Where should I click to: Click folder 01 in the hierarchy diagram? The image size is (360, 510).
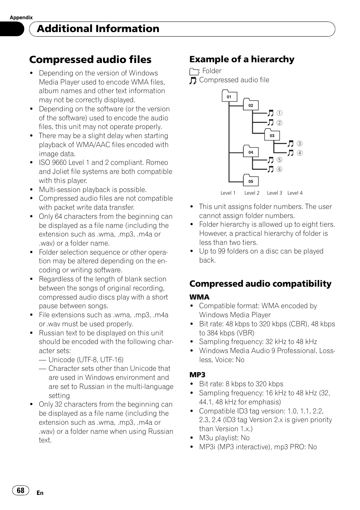coord(229,97)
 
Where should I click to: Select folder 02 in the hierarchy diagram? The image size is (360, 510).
coord(251,105)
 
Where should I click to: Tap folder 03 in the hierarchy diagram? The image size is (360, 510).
coord(272,135)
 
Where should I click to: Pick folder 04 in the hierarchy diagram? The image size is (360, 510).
coord(251,152)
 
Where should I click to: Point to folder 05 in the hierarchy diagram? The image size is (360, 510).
coord(251,181)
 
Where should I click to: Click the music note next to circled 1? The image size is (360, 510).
coord(271,113)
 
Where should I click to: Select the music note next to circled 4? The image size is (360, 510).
coord(291,153)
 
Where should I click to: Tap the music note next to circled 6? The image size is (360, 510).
coord(271,169)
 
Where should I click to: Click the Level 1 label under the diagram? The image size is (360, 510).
coord(228,193)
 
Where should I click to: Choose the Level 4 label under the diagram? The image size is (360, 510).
coord(295,193)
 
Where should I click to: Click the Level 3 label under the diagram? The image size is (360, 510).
coord(274,193)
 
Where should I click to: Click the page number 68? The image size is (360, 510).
coord(21,490)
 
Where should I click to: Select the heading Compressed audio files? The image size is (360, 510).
coord(90,60)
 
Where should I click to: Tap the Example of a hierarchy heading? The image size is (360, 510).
coord(242,59)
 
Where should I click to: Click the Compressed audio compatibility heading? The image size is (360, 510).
coord(260,284)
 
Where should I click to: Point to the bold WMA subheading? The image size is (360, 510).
coord(199,297)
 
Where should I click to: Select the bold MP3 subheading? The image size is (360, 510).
coord(197,375)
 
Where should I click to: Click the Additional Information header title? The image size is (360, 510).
coord(98,29)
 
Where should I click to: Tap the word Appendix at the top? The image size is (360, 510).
coord(21,17)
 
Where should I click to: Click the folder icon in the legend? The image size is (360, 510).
coord(194,71)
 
